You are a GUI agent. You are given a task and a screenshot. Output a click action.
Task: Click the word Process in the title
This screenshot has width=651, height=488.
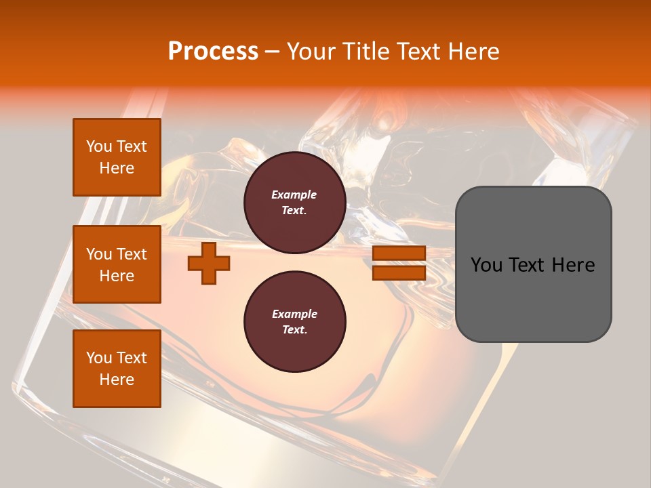coord(213,52)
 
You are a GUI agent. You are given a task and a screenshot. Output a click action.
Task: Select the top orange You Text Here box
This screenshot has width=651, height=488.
coord(117,157)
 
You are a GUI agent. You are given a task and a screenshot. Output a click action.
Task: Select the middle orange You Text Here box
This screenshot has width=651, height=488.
coord(117,264)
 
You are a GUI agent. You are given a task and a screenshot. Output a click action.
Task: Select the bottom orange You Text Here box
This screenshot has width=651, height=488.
coord(117,369)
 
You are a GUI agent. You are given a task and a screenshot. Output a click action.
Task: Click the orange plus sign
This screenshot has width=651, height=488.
coord(209,263)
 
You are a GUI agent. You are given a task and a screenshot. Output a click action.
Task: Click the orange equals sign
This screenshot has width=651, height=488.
coord(399,263)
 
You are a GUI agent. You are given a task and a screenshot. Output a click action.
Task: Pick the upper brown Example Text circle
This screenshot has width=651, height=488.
coord(294,202)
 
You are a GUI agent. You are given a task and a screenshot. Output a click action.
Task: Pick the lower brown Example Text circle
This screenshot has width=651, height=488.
coord(294,321)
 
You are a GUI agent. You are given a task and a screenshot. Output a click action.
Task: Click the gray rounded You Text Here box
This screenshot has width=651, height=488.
coord(533,264)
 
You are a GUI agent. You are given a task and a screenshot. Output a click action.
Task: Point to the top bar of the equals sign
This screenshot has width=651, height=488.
coord(399,253)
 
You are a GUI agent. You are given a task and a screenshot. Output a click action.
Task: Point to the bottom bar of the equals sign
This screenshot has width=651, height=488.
coord(399,272)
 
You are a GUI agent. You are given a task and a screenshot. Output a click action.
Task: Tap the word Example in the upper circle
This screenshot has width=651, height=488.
coord(294,195)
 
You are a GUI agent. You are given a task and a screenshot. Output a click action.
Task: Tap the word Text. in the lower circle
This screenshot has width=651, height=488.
coord(294,330)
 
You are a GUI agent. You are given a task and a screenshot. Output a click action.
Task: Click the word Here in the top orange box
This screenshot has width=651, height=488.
coord(117,168)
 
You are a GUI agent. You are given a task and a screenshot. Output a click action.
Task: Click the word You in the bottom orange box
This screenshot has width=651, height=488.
coord(99,358)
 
